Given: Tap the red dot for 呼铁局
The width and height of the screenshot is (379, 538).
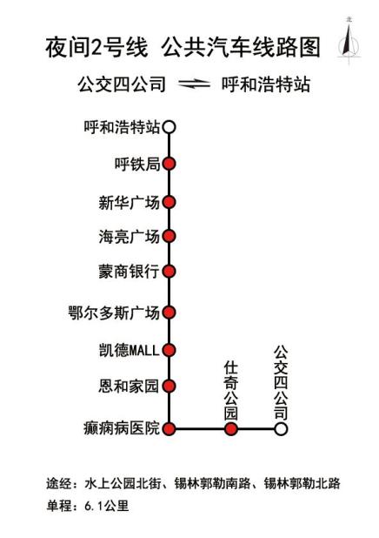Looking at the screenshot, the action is (x=169, y=164).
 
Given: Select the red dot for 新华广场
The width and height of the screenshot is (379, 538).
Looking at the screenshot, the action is (x=169, y=202).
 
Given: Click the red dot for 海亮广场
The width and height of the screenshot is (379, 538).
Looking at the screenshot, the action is (x=169, y=236).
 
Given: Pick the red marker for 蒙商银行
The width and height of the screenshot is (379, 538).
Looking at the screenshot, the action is (x=169, y=272).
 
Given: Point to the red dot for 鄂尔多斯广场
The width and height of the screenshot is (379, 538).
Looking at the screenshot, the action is (x=169, y=313).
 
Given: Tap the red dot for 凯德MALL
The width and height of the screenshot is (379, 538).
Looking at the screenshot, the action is (x=169, y=350).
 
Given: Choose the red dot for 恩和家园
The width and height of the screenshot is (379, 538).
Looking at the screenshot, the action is (x=169, y=386).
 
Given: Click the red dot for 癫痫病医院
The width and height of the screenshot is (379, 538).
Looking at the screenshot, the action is (x=169, y=429).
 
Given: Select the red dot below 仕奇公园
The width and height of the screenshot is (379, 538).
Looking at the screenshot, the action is (x=231, y=429).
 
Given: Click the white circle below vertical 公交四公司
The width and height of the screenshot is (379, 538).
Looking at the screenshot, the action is (x=281, y=429).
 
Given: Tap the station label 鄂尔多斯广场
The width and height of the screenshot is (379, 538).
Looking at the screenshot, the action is (x=114, y=313).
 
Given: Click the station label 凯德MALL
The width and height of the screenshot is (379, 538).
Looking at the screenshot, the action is (x=130, y=350).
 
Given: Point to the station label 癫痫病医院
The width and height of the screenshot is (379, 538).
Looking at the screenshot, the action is (x=122, y=428).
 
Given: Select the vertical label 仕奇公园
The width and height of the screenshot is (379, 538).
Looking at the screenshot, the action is (x=231, y=390).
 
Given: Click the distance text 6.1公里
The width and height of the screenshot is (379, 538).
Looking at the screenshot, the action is (x=107, y=506).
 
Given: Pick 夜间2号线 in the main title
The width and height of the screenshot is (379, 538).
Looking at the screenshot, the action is (x=96, y=47).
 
